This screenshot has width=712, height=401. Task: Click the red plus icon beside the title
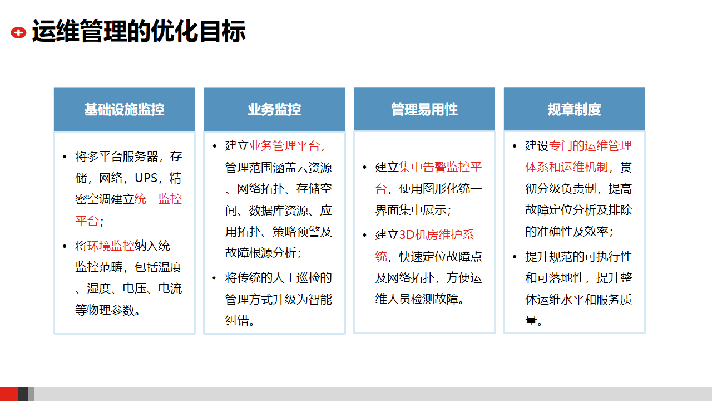[18, 32]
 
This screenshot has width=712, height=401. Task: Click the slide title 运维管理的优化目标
[139, 31]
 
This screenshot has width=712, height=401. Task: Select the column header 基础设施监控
[124, 110]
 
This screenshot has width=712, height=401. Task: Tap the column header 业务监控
[274, 110]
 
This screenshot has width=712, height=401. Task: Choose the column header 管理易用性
[424, 110]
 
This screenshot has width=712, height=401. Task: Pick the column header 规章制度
[575, 110]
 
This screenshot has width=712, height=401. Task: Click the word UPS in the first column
[146, 178]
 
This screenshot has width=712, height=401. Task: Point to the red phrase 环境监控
[111, 246]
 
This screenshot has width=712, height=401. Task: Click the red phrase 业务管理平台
[284, 146]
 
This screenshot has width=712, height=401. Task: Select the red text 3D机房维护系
[437, 235]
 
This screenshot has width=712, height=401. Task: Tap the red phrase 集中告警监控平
[440, 167]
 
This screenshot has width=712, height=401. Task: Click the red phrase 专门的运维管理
[590, 146]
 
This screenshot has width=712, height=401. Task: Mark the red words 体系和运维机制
[566, 167]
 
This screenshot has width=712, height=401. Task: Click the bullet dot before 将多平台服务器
[65, 157]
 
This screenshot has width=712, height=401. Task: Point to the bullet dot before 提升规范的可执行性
[515, 257]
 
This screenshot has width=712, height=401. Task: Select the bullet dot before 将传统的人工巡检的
[214, 278]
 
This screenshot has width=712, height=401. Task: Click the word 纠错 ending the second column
[237, 321]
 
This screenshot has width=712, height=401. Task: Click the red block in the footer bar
[9, 394]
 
